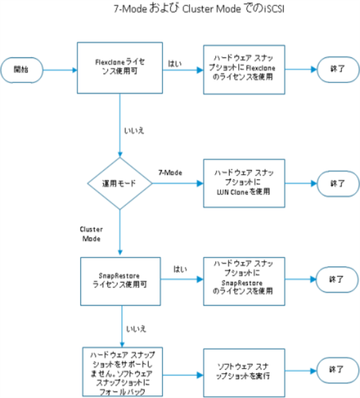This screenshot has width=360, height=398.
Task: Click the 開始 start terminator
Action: tap(22, 70)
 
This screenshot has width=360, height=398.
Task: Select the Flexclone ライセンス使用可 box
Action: tap(120, 67)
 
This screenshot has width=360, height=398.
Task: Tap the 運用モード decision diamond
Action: tap(120, 183)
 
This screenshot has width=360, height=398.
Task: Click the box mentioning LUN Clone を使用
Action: tap(244, 183)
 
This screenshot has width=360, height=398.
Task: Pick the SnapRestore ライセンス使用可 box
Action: tap(120, 281)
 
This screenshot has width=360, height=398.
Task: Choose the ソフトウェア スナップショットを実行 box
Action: tap(244, 372)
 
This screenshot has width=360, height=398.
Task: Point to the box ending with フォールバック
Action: tap(122, 372)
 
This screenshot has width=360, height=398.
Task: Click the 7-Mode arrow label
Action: tap(170, 173)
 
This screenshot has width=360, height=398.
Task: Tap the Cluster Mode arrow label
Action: tap(91, 234)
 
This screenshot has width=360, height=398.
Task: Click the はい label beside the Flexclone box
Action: tap(175, 63)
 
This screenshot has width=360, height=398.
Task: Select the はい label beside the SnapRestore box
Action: tap(180, 269)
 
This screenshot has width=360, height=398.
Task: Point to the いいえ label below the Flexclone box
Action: tap(134, 131)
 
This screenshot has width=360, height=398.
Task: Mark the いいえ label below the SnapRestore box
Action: tap(136, 329)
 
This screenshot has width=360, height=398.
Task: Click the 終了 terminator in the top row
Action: tap(338, 69)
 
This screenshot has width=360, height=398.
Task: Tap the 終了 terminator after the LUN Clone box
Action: tap(338, 183)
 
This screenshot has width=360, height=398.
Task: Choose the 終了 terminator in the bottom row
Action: tap(338, 370)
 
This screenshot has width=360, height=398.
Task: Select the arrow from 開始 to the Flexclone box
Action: tap(60, 70)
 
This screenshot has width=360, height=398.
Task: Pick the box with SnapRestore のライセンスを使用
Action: tap(244, 281)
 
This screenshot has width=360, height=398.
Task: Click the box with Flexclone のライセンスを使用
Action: tap(244, 69)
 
